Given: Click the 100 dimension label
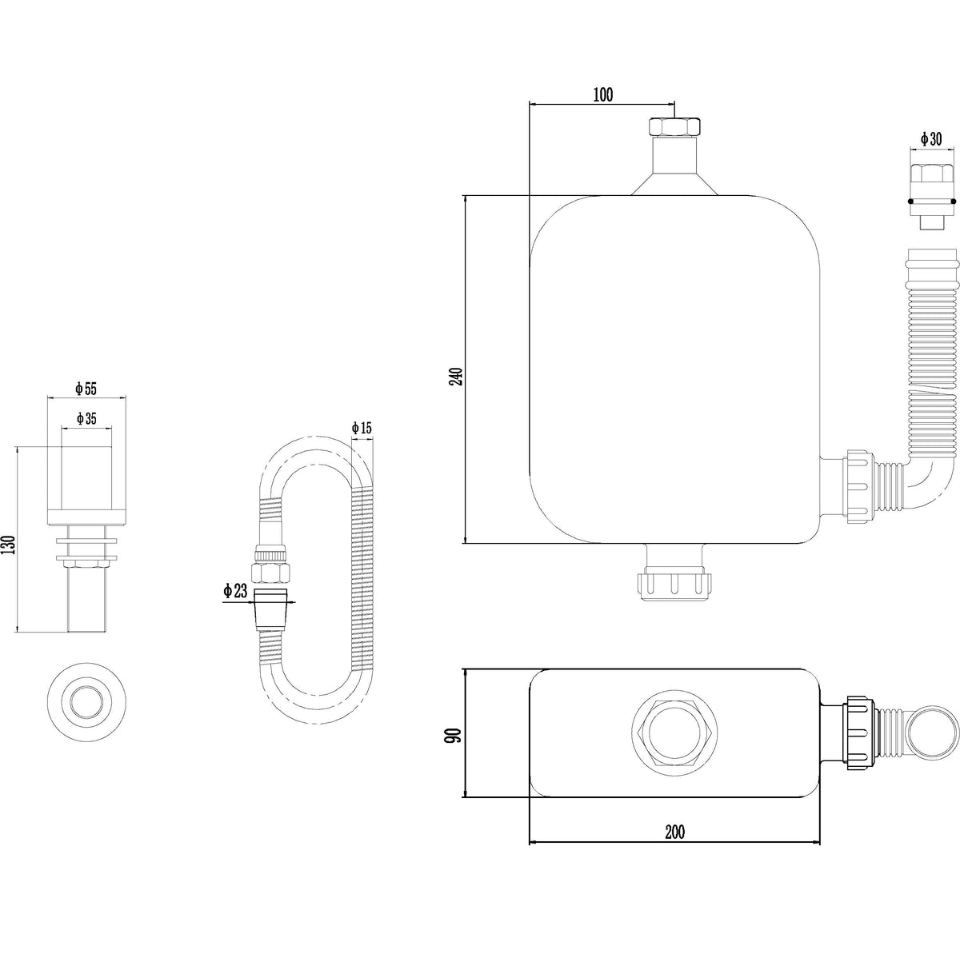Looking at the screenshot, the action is click(x=603, y=94).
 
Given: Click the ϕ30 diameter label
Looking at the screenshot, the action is click(x=931, y=138).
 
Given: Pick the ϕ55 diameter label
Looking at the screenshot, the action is click(x=86, y=388).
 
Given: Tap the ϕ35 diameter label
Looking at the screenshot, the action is click(x=86, y=418).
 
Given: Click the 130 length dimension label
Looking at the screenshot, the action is click(x=10, y=545).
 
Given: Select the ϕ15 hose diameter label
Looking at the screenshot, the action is click(x=362, y=428).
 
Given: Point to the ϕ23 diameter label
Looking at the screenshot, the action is click(x=235, y=591).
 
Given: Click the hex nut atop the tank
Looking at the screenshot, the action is click(x=674, y=126).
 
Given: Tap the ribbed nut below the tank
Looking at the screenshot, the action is click(x=674, y=588).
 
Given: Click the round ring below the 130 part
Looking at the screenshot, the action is click(x=86, y=702).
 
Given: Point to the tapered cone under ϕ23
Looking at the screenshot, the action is click(x=271, y=609).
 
